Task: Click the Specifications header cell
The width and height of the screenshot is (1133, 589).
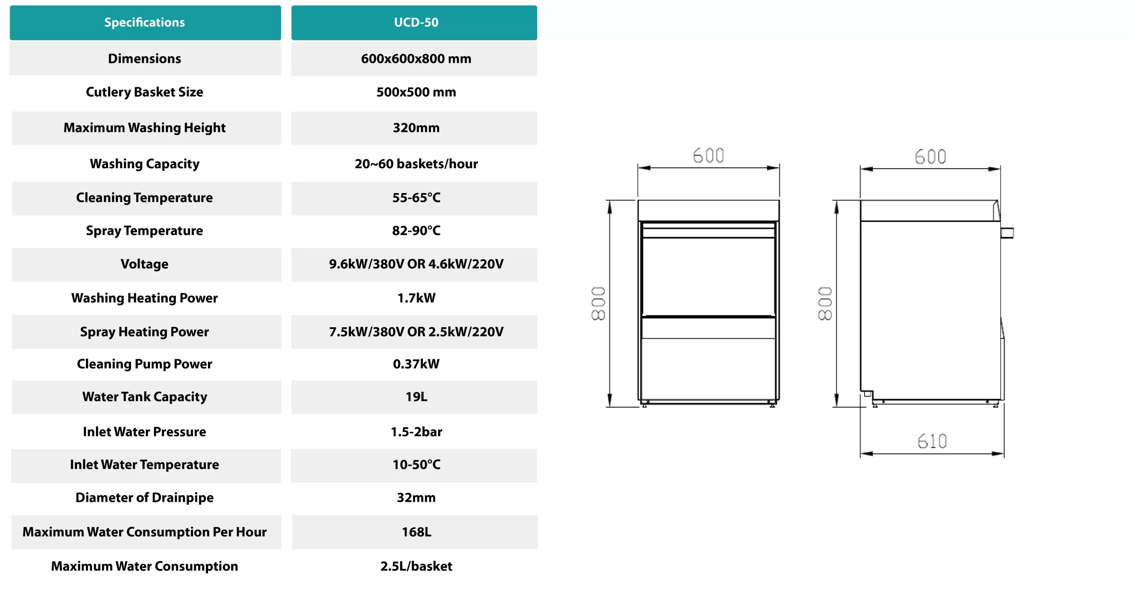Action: (145, 22)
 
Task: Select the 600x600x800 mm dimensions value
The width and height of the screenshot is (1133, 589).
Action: (416, 58)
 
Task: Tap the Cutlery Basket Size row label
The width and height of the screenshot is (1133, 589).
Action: (144, 92)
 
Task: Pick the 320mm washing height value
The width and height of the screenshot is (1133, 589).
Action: (416, 128)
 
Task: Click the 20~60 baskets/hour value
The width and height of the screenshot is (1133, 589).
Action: (416, 163)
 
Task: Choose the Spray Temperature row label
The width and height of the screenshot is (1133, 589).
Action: (144, 231)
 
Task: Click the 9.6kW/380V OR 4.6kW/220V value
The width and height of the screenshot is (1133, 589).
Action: (416, 264)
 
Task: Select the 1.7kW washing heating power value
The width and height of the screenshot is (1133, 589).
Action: (416, 298)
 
